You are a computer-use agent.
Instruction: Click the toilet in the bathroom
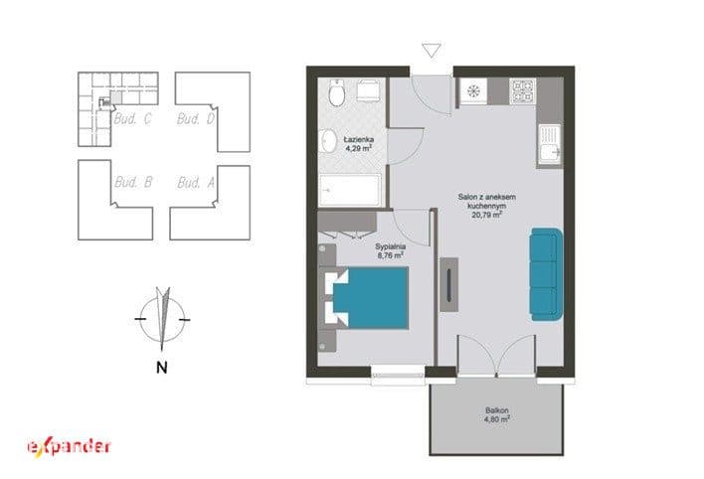336,92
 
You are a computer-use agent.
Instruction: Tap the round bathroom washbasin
328,141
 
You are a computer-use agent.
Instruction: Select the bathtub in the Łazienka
350,191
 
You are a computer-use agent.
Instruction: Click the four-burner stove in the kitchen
523,91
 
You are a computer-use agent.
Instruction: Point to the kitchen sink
550,144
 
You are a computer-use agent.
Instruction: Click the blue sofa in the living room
546,274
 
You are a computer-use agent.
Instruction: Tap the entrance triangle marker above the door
432,50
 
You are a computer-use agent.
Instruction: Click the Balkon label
496,410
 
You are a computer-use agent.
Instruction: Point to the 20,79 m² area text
486,215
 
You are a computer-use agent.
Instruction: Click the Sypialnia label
390,246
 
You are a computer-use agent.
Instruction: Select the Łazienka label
359,139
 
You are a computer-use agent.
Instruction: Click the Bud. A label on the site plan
196,183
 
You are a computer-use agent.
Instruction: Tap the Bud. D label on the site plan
196,119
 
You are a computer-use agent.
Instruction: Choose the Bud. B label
133,182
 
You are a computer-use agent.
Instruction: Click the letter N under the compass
162,368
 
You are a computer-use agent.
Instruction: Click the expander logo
70,446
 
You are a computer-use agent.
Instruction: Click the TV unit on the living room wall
448,284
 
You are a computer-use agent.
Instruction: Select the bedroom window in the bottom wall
398,375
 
